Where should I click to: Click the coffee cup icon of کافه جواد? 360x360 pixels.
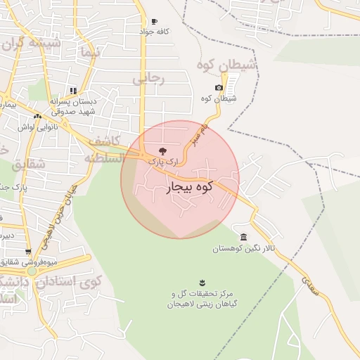pos(155,22)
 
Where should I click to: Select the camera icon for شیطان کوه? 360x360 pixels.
pos(219,87)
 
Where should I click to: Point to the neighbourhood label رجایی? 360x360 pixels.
pos(148,79)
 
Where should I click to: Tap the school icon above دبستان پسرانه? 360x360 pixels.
pos(74,91)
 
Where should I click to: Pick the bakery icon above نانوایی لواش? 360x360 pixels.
pos(38,115)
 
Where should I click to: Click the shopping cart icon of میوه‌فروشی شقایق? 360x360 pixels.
pos(28,251)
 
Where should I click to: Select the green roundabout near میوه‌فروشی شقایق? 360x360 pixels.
pos(31,271)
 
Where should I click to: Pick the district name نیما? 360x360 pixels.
pos(87,53)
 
